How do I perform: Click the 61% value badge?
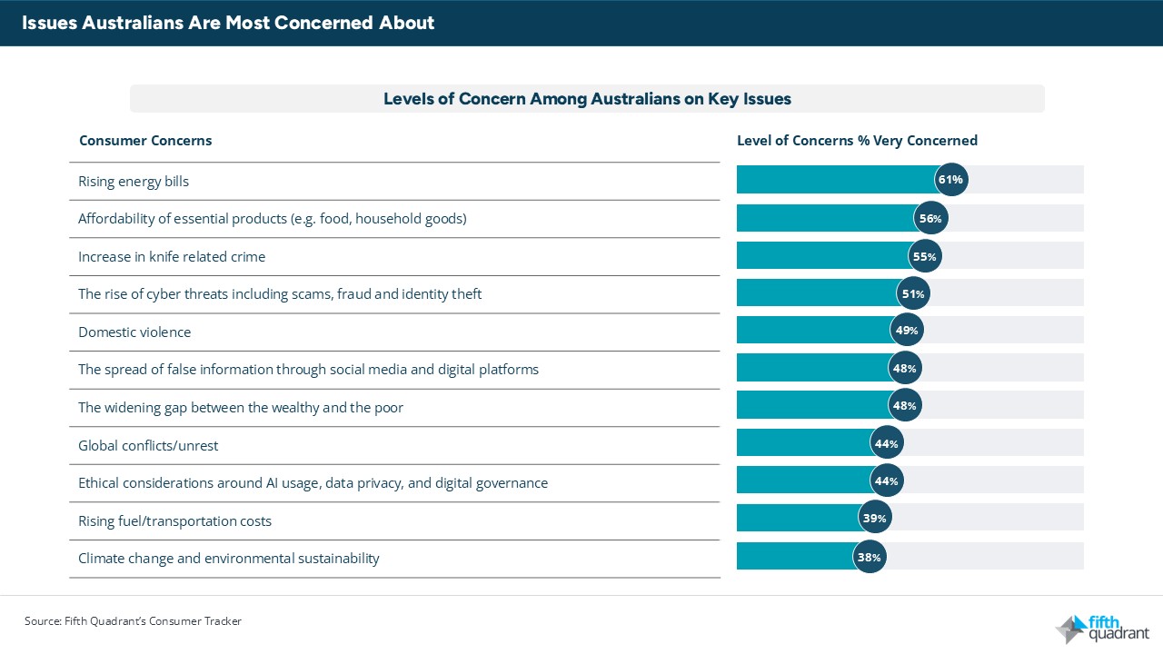click(951, 180)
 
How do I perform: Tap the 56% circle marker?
click(929, 218)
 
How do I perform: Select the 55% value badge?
click(924, 256)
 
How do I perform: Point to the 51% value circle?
click(912, 293)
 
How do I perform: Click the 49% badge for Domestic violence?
click(907, 332)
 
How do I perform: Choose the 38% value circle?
click(870, 557)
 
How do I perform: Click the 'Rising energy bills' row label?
click(134, 181)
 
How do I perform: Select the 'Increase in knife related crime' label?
click(172, 257)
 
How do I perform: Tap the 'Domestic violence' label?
click(134, 332)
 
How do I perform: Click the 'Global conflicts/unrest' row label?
click(148, 445)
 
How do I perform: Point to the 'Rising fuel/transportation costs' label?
click(174, 521)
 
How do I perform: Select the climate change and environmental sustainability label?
click(228, 559)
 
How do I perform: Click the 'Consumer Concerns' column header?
click(145, 141)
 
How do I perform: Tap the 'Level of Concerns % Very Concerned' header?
click(857, 141)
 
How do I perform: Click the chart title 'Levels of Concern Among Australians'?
click(587, 99)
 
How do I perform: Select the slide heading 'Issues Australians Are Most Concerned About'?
click(229, 23)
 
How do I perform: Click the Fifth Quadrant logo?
click(1102, 628)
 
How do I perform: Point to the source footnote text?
click(133, 621)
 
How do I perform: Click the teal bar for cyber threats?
click(816, 293)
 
